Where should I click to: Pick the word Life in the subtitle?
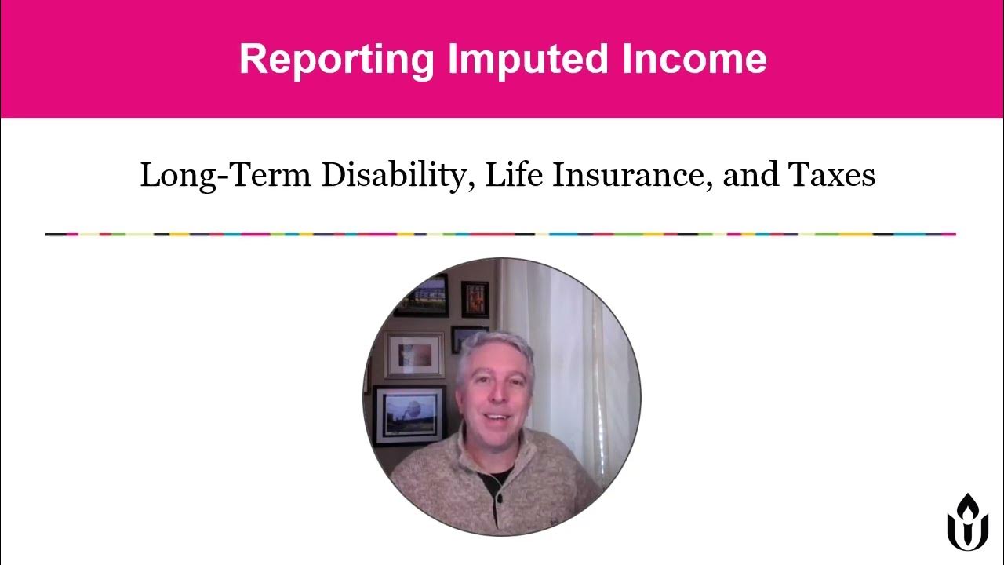tap(515, 175)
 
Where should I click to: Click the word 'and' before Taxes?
tap(748, 175)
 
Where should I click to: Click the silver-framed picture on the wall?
tap(414, 355)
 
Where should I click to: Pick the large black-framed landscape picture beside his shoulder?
tap(409, 415)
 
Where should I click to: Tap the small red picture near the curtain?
tap(475, 299)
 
